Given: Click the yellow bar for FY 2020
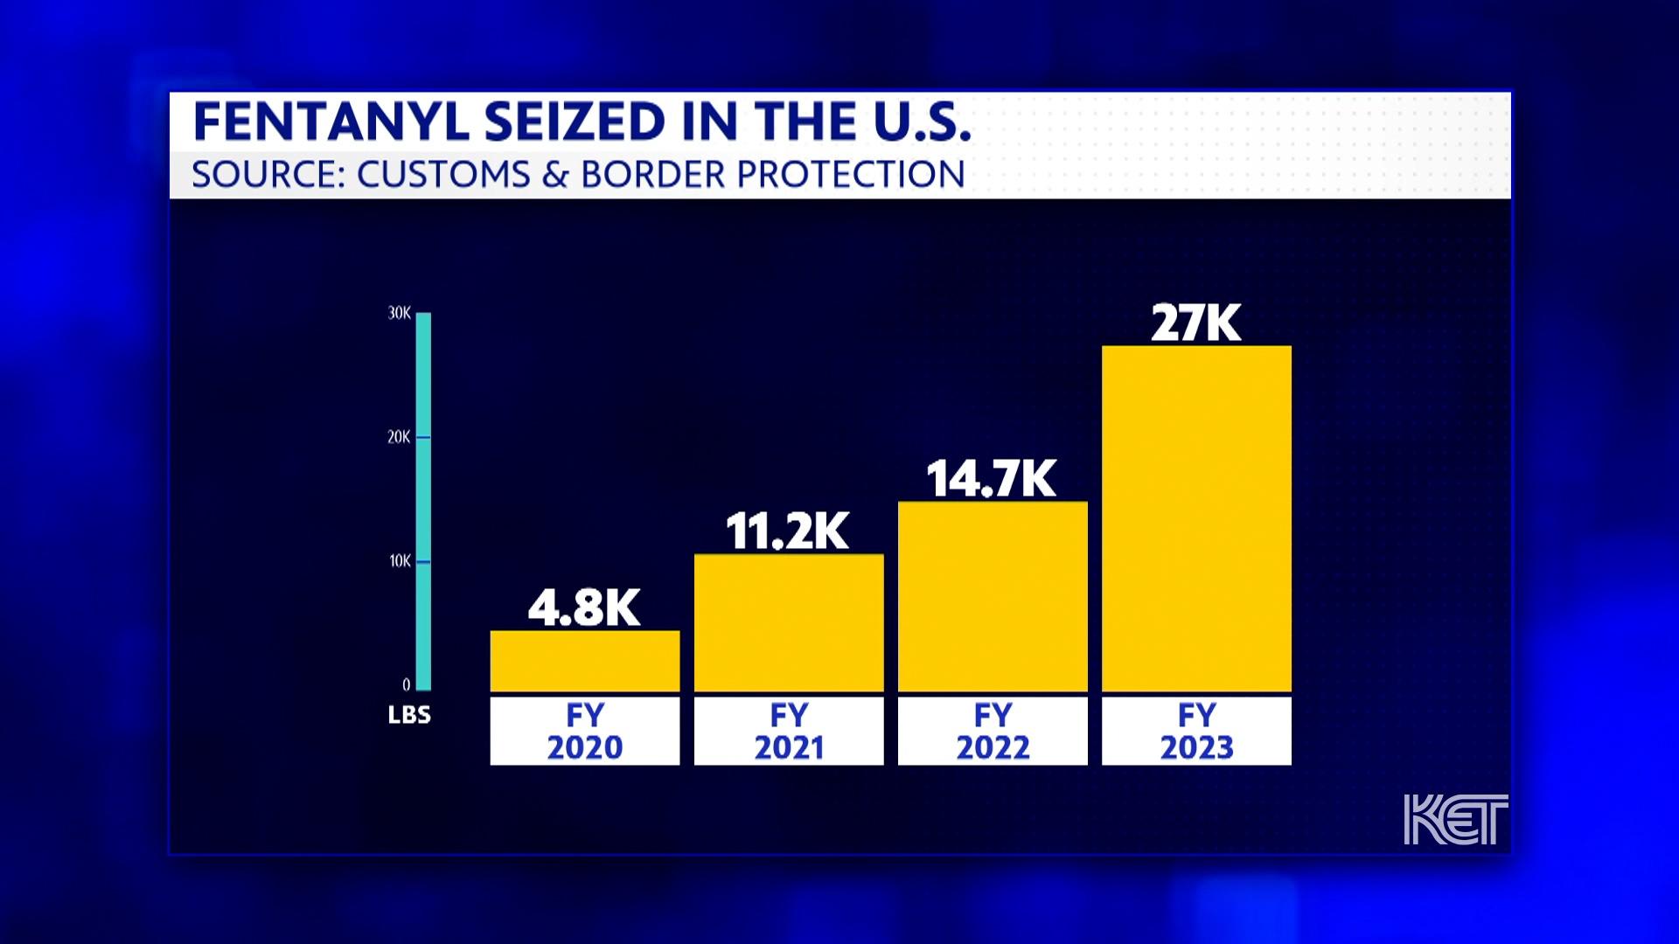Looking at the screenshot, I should tap(584, 661).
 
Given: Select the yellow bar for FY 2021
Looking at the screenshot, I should tap(789, 622).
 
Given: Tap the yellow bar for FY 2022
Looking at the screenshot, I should tap(993, 596).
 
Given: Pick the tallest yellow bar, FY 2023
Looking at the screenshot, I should tap(1196, 518).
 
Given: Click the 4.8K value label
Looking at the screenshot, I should tap(584, 607).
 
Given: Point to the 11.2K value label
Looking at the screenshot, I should tap(787, 531).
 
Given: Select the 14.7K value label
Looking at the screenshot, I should tap(992, 479).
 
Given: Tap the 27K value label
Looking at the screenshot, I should tap(1195, 323).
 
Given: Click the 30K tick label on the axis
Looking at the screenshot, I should tap(399, 313).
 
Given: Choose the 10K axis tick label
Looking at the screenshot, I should tap(399, 561).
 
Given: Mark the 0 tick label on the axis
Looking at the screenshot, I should tap(406, 684).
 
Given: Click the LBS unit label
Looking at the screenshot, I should tap(409, 715).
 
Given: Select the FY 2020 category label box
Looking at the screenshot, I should tap(584, 731).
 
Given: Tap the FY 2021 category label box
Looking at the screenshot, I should tap(789, 731).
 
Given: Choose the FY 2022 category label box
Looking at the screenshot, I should tap(993, 731).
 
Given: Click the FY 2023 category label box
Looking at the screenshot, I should tap(1196, 731).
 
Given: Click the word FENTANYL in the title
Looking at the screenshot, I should tap(331, 121).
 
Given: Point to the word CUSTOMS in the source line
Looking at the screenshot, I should tap(443, 174).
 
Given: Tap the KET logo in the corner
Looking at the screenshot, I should tap(1455, 819).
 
